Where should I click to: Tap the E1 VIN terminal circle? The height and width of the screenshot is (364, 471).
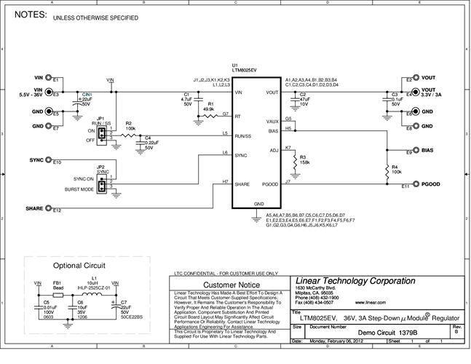[49, 77]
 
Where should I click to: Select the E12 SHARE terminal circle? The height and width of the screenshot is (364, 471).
[49, 209]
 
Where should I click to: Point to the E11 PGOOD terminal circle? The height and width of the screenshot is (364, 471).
[416, 184]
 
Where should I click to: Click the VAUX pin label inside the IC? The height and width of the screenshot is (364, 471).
[272, 122]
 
